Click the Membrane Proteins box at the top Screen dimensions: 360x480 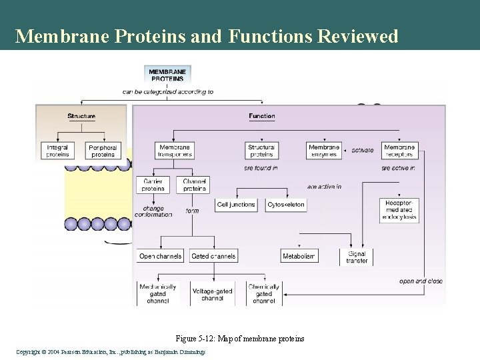tap(168, 75)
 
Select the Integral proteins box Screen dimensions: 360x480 tap(57, 151)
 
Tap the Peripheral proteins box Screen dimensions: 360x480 tap(103, 151)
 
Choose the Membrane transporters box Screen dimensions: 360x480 tap(175, 151)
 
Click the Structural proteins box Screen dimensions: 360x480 tap(261, 151)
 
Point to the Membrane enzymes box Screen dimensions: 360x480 tap(323, 151)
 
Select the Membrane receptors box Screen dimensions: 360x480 tap(399, 151)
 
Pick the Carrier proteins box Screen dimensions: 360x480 tap(153, 185)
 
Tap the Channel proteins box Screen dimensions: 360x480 tap(193, 185)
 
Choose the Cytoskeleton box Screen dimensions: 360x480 tap(285, 205)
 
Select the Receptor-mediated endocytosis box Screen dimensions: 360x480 tap(399, 210)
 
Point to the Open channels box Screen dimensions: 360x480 tap(160, 256)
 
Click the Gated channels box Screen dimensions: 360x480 tap(213, 256)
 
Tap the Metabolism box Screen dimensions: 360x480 tap(299, 256)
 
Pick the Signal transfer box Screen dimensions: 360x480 tap(357, 257)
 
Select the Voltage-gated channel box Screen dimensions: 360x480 tap(212, 294)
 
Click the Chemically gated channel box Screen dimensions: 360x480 tap(263, 293)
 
